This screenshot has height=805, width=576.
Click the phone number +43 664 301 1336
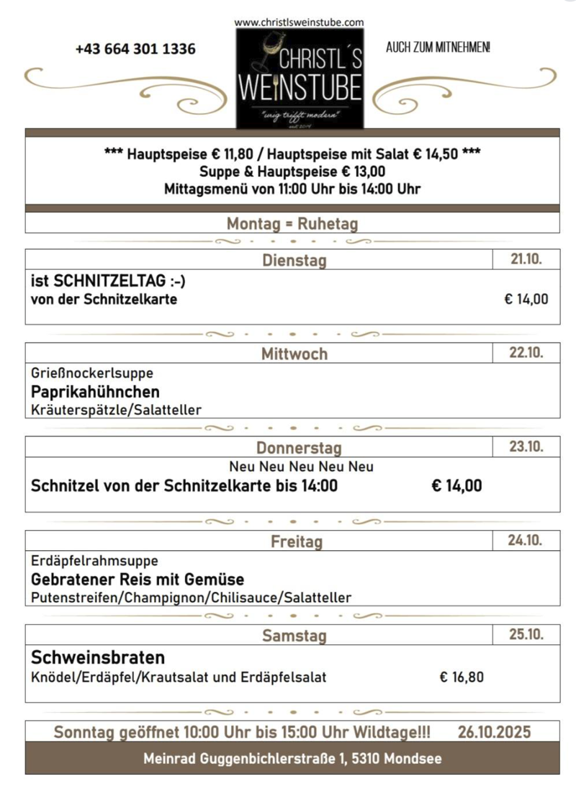(135, 49)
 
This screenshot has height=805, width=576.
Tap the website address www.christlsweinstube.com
(299, 22)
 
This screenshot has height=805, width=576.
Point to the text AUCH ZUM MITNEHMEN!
(438, 48)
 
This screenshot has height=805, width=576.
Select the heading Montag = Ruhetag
(292, 223)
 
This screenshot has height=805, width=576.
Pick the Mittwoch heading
(294, 354)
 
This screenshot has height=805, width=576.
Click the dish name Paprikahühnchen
(95, 392)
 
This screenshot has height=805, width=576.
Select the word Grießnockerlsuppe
(92, 374)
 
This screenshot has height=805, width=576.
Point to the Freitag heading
(296, 541)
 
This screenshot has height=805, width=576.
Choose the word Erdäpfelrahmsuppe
(94, 560)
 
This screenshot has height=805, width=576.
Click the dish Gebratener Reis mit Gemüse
(138, 579)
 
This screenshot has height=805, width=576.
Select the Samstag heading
(294, 635)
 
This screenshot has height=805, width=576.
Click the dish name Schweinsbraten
(98, 657)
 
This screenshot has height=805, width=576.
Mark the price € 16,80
(462, 677)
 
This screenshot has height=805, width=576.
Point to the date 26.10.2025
(494, 732)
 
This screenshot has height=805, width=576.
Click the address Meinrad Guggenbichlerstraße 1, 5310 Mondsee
(292, 758)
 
